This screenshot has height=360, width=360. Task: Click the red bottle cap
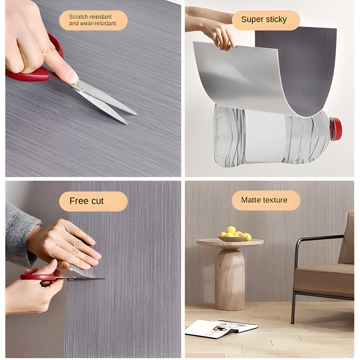click(336, 129)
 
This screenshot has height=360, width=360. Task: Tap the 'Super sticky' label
click(266, 20)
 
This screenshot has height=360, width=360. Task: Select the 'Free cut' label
click(93, 201)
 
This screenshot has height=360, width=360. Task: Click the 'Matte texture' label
click(266, 200)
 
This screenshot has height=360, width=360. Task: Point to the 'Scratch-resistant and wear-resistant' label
click(93, 20)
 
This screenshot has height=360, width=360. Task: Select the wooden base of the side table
click(230, 279)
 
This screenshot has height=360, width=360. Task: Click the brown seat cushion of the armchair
click(324, 277)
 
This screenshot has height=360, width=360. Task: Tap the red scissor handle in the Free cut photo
click(38, 277)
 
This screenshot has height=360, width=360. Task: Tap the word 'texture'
click(275, 200)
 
